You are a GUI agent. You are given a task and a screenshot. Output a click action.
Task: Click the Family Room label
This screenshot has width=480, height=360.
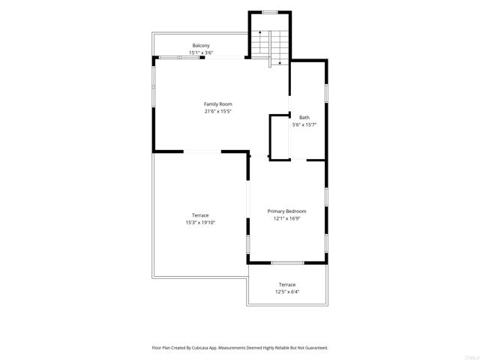coord(218,104)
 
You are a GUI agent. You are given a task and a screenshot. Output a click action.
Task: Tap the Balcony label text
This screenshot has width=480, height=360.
coord(201,46)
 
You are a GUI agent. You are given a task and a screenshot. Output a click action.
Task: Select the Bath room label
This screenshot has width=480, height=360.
coord(304,118)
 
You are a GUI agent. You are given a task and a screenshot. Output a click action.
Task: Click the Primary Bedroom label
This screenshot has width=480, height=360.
coord(286,211)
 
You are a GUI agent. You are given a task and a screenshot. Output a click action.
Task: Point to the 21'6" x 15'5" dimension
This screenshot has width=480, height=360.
coord(218,112)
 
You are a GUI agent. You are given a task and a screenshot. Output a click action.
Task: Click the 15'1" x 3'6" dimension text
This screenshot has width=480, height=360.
coord(201,52)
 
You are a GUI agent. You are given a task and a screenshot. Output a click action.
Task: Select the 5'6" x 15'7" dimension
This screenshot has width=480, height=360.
coord(304,125)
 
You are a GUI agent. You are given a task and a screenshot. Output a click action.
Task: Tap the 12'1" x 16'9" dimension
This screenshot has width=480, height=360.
coord(286,218)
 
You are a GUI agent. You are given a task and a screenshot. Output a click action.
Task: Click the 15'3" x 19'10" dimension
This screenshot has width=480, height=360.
coord(200,223)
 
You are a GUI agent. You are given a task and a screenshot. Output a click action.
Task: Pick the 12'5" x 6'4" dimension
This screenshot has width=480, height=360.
coord(287,292)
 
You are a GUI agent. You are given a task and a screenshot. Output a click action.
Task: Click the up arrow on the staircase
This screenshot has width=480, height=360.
coord(260,43)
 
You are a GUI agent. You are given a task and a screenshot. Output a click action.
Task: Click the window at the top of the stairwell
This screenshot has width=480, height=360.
coord(270,13)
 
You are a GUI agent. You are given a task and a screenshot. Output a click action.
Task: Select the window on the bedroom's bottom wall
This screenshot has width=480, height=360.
coord(287,263)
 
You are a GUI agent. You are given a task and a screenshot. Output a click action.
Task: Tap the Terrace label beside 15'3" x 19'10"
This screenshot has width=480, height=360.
coord(200,215)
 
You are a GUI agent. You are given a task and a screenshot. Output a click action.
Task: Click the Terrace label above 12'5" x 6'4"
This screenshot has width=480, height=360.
coord(287,285)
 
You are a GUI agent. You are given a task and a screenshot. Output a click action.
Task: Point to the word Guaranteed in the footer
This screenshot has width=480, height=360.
coord(317,348)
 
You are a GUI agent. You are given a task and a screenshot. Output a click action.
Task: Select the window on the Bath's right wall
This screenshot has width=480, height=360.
coord(326,93)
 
